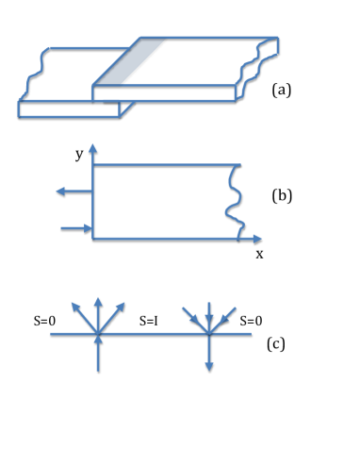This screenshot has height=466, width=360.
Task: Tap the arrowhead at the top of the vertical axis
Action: (x=92, y=148)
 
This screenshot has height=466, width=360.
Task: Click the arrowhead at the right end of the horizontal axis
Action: (x=257, y=239)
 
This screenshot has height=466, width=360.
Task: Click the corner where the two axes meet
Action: (x=92, y=239)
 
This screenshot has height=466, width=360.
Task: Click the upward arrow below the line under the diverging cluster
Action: (x=98, y=353)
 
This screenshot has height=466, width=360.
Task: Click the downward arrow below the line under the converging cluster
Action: (x=209, y=354)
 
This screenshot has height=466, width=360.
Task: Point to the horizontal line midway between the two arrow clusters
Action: (x=153, y=333)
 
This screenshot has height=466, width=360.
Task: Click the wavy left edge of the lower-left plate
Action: (x=35, y=74)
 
